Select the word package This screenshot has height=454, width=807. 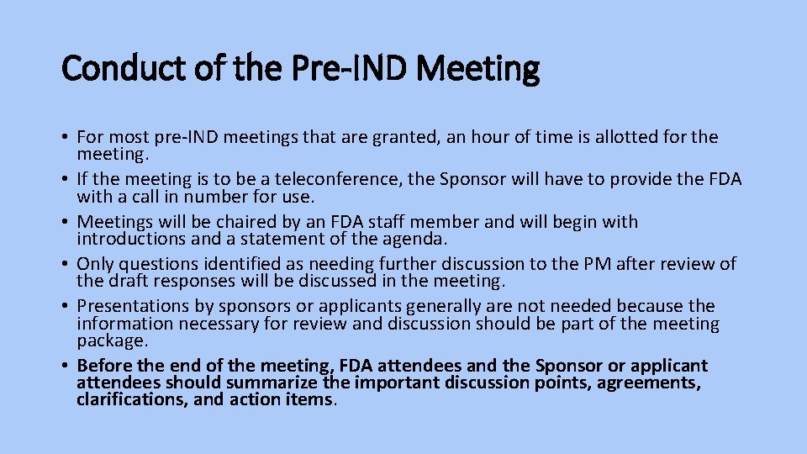111,341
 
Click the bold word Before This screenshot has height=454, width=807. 104,366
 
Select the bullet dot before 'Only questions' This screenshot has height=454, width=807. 65,264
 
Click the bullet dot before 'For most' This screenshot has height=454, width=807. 65,137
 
